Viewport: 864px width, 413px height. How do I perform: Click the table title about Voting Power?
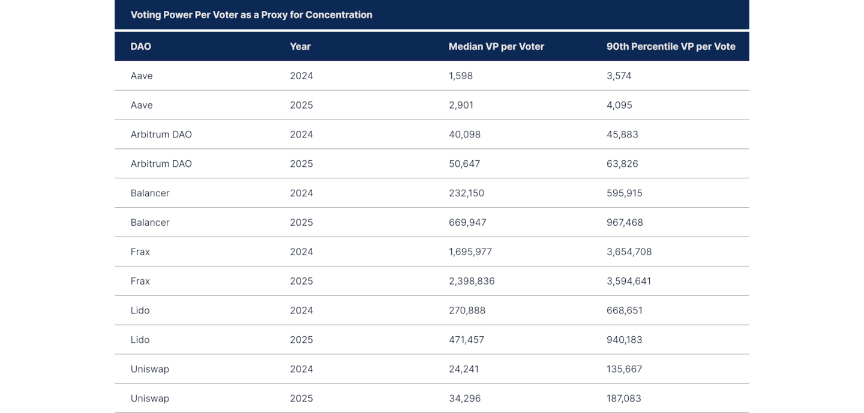[251, 15]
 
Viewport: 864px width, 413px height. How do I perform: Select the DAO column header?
[141, 46]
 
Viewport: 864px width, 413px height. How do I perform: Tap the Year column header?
[300, 46]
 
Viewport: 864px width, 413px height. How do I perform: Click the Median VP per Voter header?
[496, 46]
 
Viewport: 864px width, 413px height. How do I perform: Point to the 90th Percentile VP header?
[671, 46]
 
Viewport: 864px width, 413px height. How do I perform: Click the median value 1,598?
[461, 76]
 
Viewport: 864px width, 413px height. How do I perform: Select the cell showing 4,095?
[619, 105]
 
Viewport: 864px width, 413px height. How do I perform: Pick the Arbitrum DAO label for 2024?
[161, 134]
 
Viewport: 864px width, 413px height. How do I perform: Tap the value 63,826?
[622, 164]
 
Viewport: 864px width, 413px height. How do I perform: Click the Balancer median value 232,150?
[466, 193]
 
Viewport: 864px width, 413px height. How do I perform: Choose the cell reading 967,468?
[625, 223]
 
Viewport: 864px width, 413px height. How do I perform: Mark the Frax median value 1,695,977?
[470, 252]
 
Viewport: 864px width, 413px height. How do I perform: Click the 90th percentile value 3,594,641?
[629, 281]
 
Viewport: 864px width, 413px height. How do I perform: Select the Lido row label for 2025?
[140, 340]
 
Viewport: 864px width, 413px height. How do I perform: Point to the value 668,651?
[625, 310]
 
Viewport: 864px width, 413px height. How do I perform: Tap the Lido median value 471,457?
[466, 340]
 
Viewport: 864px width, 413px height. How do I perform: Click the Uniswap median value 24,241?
[464, 369]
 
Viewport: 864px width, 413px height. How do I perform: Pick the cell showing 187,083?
[624, 399]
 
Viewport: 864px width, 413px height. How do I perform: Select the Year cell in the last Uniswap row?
[301, 399]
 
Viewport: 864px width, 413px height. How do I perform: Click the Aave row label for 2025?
[142, 105]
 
